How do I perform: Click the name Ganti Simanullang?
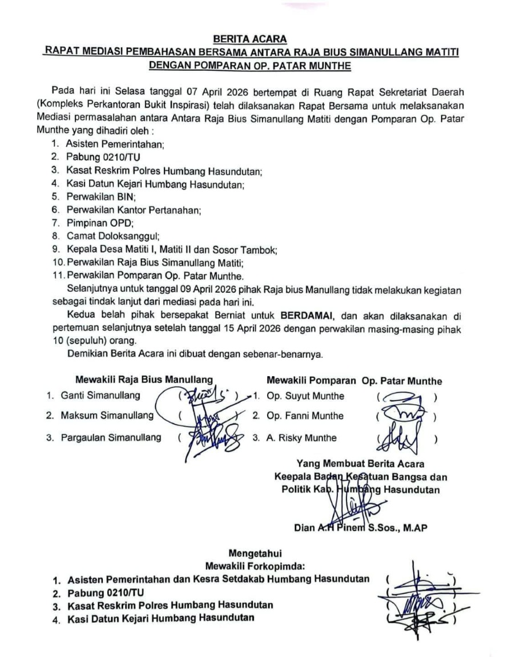click(100, 395)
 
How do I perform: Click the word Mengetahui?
click(255, 553)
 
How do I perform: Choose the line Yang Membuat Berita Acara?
click(360, 463)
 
